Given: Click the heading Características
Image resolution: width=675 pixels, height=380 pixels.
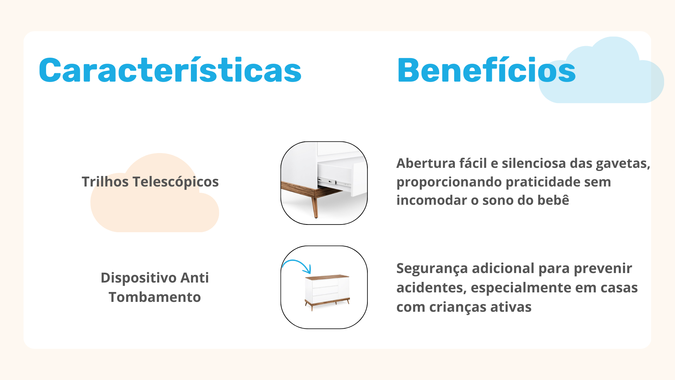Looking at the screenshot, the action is tap(170, 70).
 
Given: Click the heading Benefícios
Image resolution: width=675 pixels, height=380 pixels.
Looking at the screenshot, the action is tap(486, 70).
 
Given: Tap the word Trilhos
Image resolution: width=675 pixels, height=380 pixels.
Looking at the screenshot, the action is tap(105, 182).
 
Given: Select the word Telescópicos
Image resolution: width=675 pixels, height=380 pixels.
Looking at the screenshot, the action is tap(176, 182).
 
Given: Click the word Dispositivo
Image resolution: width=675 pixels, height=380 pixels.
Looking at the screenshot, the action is tap(139, 278).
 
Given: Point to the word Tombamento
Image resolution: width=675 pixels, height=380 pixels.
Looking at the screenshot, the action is tap(155, 297).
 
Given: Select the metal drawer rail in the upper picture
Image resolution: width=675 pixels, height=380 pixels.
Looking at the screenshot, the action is tap(334, 182).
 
